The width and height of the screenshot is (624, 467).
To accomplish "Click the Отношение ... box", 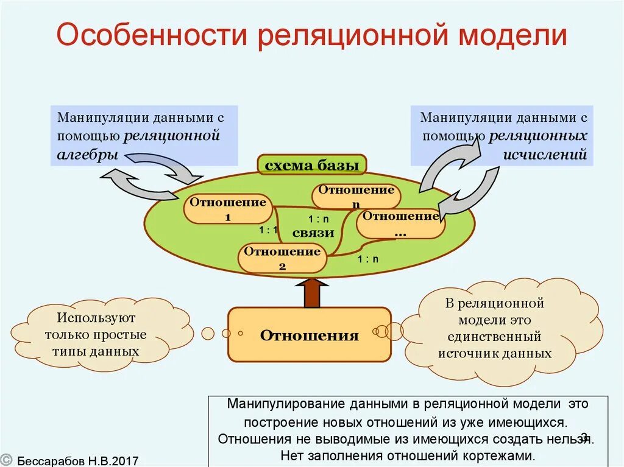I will coord(400,223).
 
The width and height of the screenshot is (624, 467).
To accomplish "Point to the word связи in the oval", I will coord(313,233).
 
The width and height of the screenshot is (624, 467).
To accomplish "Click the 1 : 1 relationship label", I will coord(268,230).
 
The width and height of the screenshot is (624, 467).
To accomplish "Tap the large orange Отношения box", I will coord(309,335).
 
